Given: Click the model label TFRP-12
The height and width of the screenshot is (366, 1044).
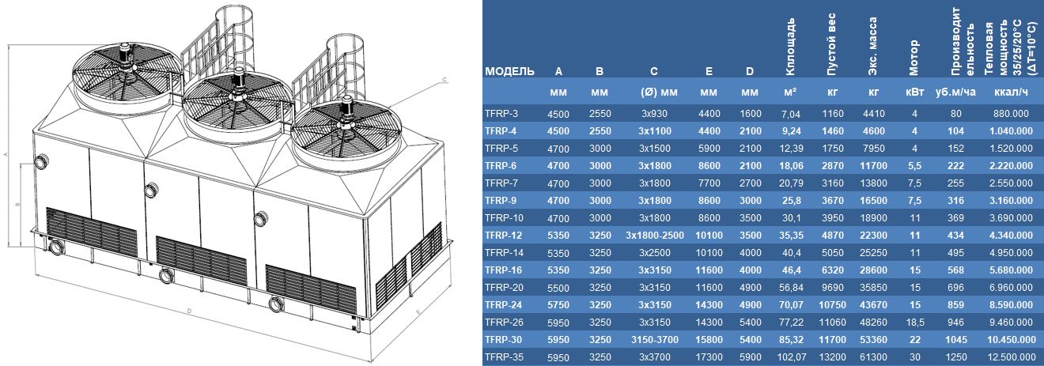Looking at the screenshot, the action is (x=503, y=235).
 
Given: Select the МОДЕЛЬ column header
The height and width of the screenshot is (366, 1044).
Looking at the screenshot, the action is (x=509, y=71).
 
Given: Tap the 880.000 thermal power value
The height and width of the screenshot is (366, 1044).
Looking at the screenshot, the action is (x=1011, y=114).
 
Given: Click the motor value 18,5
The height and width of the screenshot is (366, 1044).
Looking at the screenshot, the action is (x=914, y=323).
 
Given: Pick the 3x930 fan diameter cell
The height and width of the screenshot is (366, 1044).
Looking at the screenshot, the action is (x=654, y=114).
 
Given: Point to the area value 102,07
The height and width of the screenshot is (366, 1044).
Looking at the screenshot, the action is (x=792, y=357).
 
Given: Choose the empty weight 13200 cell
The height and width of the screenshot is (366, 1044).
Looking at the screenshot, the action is (x=832, y=357).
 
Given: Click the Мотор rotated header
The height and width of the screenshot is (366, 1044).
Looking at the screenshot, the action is (x=913, y=58).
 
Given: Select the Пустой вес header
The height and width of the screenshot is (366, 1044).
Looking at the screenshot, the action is (x=831, y=44).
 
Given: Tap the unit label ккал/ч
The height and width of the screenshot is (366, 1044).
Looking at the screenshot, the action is (x=1011, y=92).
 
